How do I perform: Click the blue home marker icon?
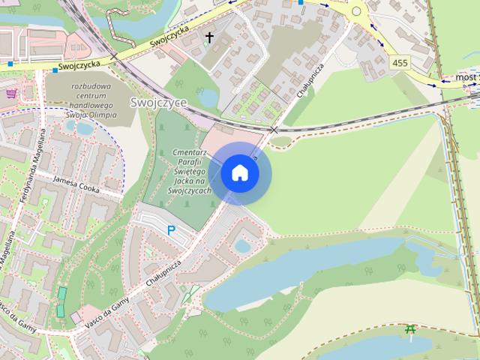[x=240, y=172]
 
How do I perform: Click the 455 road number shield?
[x=400, y=64]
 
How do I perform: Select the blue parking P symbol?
[x=172, y=231]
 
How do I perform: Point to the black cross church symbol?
[x=209, y=37]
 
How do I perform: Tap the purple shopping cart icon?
[x=11, y=94]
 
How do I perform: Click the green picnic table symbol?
[x=410, y=329]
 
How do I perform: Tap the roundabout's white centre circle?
[x=355, y=10]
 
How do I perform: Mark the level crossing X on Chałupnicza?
[x=274, y=130]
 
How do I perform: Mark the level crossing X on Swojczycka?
[x=114, y=56]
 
